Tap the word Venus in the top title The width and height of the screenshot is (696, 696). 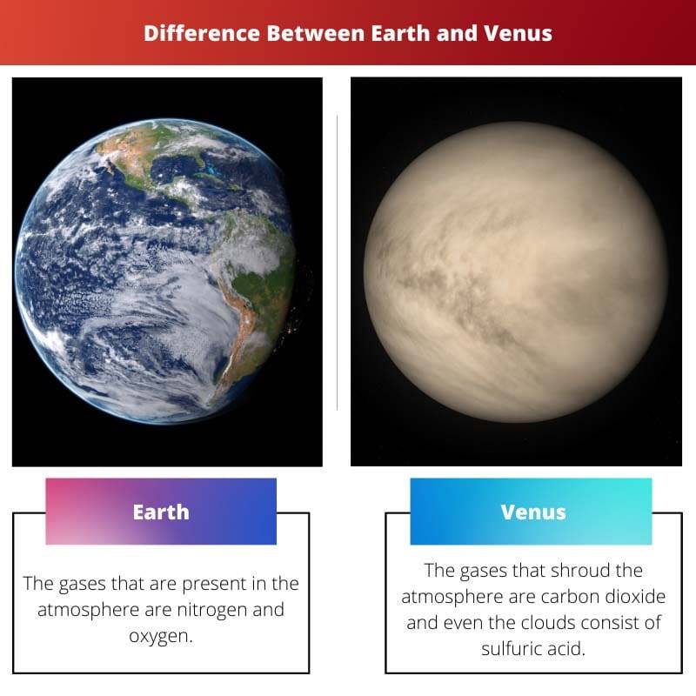click(519, 33)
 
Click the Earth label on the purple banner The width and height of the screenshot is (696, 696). click(161, 512)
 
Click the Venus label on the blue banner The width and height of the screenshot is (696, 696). click(533, 512)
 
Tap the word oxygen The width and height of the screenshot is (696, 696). click(160, 636)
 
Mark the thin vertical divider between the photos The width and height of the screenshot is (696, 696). click(337, 261)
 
